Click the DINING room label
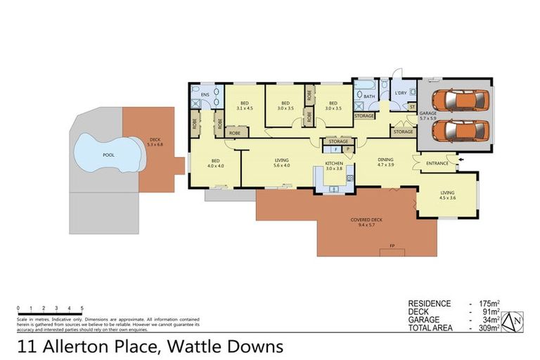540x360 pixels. tap(385, 161)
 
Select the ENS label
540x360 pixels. tap(205, 94)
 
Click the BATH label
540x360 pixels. tap(368, 96)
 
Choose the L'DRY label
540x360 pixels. tap(401, 93)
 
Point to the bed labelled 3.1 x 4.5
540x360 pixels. tap(244, 105)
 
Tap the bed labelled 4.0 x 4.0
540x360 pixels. tap(215, 163)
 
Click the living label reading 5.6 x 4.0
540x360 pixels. tap(282, 163)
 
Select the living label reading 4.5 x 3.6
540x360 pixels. tap(448, 195)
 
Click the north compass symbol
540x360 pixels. tap(516, 321)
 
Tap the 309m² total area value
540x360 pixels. tap(488, 328)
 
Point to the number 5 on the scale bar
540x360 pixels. tap(82, 308)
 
